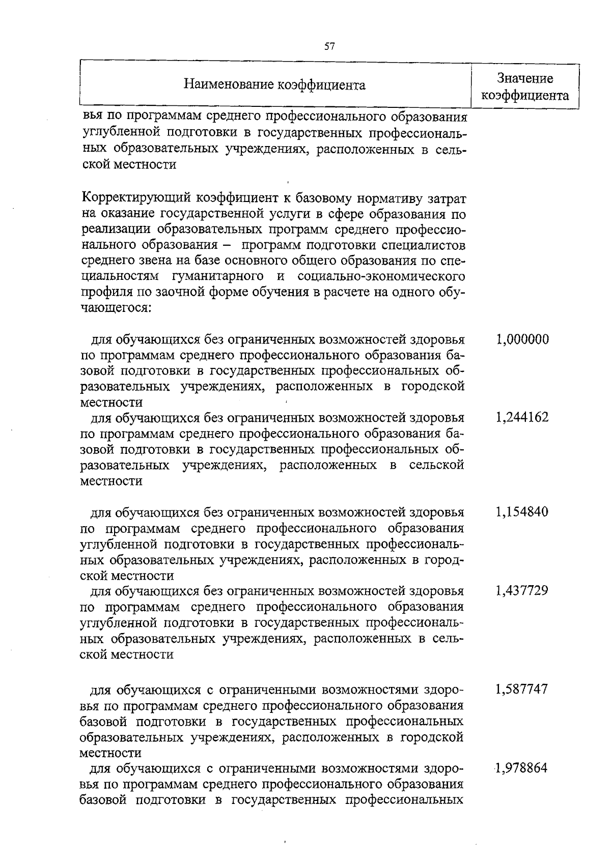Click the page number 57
[329, 47]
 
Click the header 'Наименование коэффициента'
[274, 85]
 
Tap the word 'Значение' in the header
[525, 78]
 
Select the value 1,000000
[522, 339]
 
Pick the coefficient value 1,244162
[522, 418]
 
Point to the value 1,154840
[522, 512]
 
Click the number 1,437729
[522, 591]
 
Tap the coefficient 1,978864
[522, 768]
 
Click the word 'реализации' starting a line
[110, 229]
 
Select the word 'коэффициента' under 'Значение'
[525, 96]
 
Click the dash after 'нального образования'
[225, 245]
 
